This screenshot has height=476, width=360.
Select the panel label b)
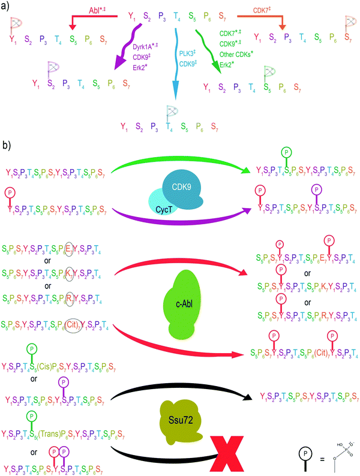(x=8, y=146)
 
